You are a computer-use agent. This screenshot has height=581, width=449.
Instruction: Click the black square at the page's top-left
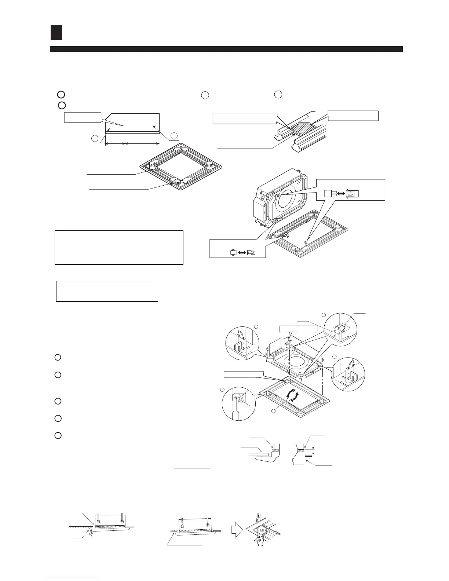(x=56, y=32)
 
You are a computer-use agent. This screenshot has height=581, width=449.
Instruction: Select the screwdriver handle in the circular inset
(x=237, y=414)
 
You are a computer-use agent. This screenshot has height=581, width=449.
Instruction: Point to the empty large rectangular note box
(x=119, y=247)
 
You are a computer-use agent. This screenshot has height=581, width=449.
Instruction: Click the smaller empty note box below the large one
(x=107, y=291)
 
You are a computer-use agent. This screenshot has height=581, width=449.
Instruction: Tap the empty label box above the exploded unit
(x=298, y=328)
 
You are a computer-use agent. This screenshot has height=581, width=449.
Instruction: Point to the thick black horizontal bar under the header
(x=226, y=49)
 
